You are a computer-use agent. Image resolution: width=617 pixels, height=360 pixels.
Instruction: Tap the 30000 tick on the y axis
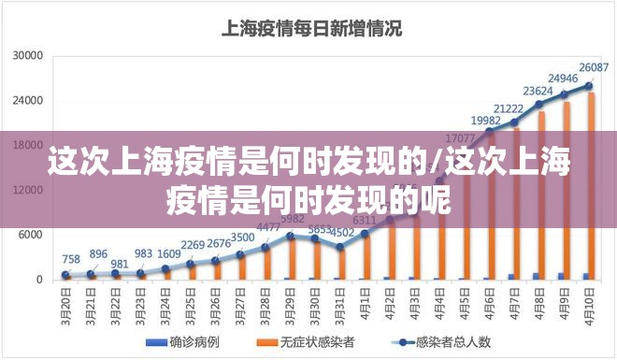tap(28, 56)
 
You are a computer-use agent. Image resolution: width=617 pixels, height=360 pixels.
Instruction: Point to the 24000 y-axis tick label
tap(28, 101)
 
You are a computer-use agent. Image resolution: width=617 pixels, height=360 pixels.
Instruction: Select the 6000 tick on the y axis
tap(32, 235)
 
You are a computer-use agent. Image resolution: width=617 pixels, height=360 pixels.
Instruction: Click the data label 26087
tap(594, 67)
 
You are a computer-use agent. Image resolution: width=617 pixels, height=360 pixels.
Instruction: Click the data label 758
tap(71, 259)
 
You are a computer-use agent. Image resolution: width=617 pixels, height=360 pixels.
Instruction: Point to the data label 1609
tap(169, 253)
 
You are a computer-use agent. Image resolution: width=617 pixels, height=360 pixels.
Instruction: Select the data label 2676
tap(219, 244)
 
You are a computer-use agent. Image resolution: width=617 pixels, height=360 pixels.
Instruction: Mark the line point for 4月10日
tap(589, 85)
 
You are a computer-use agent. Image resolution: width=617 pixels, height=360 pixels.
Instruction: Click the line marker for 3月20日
tap(65, 275)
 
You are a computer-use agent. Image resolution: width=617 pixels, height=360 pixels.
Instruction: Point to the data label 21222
tap(514, 109)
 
